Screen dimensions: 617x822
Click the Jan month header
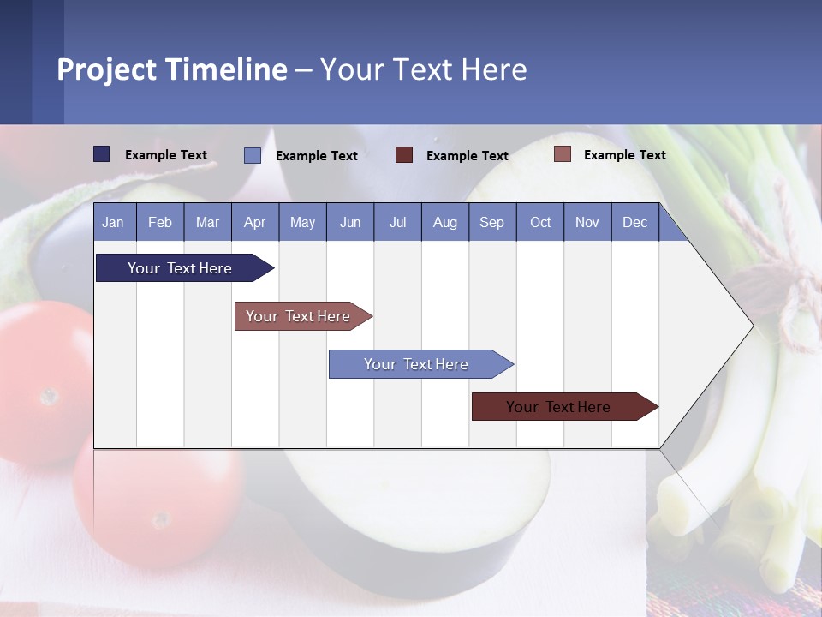(x=114, y=222)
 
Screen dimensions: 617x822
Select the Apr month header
(x=255, y=222)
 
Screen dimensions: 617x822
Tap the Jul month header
(x=397, y=222)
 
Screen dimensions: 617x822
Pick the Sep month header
(x=492, y=222)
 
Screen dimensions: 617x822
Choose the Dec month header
(x=634, y=222)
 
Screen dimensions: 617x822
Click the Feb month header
(x=160, y=222)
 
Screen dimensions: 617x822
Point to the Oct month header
(x=540, y=222)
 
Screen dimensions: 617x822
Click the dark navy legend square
(x=102, y=154)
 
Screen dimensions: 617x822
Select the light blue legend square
(x=253, y=155)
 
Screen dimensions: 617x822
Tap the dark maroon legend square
(x=404, y=155)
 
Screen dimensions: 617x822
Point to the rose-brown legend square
(x=563, y=154)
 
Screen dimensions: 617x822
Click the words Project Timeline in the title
(x=172, y=69)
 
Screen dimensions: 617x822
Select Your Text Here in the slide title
(x=424, y=69)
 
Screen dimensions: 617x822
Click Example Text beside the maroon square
(x=467, y=156)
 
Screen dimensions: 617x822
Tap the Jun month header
(x=350, y=222)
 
